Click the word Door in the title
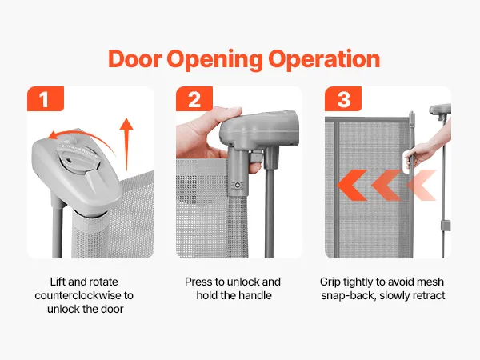(134, 58)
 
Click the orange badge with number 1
(46, 98)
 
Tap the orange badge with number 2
(194, 98)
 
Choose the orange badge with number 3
(343, 98)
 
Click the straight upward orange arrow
(126, 144)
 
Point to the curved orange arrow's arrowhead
(54, 135)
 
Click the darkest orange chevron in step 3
(351, 186)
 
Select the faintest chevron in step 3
(422, 186)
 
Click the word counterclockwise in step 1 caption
(79, 295)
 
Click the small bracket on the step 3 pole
(446, 226)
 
